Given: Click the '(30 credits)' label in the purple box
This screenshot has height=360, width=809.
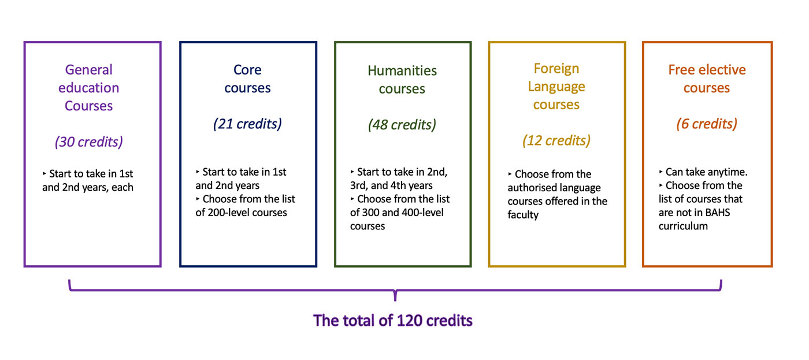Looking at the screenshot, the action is (89, 142).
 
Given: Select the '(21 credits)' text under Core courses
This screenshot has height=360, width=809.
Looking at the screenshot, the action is (247, 124).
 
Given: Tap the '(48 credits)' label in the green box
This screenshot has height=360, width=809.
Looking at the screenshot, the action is (402, 125).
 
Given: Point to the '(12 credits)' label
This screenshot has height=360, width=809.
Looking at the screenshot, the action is (556, 140).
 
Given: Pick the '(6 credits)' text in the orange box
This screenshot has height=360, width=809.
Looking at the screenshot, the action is (707, 124).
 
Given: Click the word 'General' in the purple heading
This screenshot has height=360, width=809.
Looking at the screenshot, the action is (89, 70).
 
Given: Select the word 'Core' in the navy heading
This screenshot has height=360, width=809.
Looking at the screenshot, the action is (247, 70).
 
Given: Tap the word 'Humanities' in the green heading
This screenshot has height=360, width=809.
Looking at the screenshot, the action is (402, 70).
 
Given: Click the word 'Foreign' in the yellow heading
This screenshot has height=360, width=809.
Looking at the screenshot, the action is (556, 69).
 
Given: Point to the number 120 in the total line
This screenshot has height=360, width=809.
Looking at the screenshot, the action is (409, 321).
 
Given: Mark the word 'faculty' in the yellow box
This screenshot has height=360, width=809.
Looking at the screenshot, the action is (523, 215).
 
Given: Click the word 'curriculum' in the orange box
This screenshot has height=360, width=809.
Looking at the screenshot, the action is (683, 226).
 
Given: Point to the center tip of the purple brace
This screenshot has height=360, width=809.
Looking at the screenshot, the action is (395, 300).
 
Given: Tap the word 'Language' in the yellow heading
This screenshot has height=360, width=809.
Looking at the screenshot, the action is (556, 87).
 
